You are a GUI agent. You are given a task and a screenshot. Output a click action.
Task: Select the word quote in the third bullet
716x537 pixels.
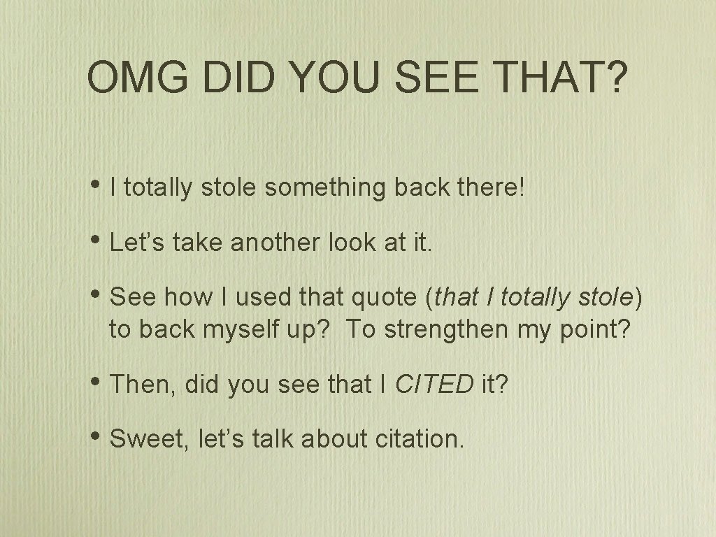tap(382, 299)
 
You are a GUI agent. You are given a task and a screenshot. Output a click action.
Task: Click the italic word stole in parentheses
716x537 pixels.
tap(606, 299)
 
